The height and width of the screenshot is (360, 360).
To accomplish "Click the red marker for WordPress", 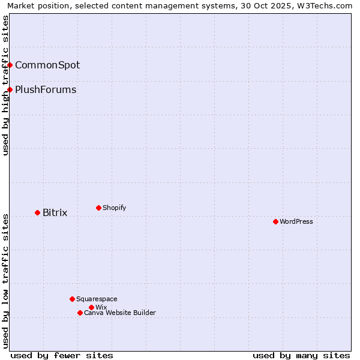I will point(275,221).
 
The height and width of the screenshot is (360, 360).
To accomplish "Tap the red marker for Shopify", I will point(98,208).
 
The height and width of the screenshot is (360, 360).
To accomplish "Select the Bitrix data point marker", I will point(37,212).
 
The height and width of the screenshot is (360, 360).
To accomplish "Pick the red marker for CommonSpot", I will point(10,65).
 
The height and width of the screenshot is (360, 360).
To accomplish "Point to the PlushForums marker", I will point(10,89).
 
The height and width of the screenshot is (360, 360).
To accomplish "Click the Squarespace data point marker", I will point(72,299).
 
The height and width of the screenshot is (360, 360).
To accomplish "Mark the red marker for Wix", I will point(91,307).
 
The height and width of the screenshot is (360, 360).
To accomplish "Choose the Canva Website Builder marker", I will point(80,313).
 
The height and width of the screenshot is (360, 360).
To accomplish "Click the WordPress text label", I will point(296,221).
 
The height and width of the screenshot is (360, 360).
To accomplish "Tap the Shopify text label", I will point(115,208).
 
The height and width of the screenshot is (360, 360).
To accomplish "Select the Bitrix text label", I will point(55,212).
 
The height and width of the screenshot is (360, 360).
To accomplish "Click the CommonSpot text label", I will point(47,65).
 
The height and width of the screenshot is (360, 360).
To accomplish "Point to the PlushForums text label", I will point(46,89).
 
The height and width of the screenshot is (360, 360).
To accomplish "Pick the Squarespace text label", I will point(97,299).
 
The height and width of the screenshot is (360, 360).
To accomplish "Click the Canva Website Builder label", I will point(120,313).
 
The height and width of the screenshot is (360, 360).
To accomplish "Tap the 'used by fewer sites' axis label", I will point(62,355).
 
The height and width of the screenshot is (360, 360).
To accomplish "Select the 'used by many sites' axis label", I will point(301,355).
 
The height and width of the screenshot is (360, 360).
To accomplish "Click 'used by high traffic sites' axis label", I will point(5,85).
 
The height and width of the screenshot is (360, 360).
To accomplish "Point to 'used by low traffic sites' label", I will point(5,280).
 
